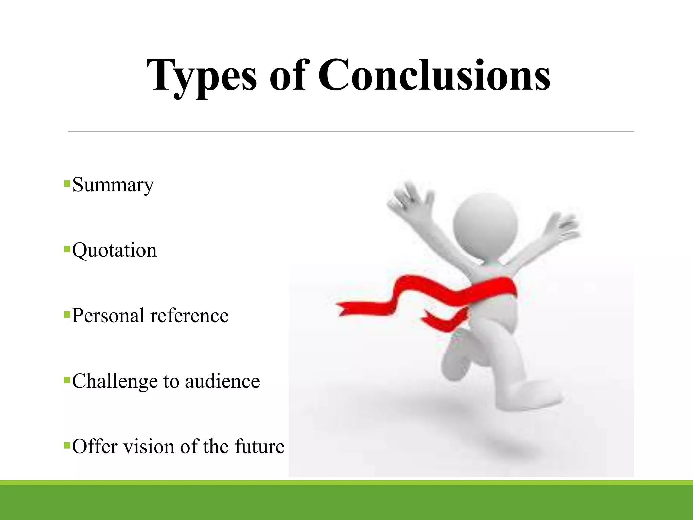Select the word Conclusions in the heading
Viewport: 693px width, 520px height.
[x=434, y=75]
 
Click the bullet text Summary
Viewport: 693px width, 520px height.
[x=113, y=185]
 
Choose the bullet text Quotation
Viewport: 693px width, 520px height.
[x=114, y=251]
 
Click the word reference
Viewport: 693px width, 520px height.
[x=189, y=316]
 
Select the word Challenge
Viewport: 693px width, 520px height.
[x=115, y=382]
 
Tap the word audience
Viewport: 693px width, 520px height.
[x=222, y=381]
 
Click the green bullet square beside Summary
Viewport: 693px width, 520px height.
[x=67, y=184]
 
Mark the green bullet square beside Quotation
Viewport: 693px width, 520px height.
[x=67, y=250]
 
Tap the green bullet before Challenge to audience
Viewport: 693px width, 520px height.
[x=67, y=380]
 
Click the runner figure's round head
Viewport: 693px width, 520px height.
[x=485, y=223]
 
